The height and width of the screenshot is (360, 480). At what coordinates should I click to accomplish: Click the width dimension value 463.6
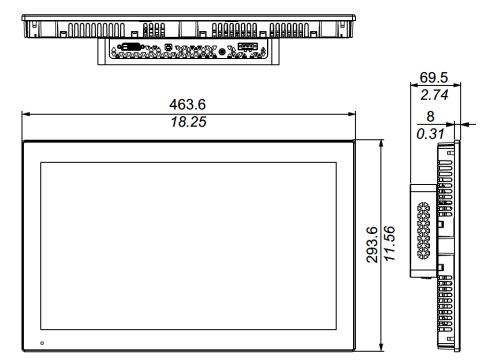(187, 104)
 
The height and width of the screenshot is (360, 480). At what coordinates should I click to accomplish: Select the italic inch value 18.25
(188, 122)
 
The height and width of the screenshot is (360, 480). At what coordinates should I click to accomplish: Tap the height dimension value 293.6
(372, 245)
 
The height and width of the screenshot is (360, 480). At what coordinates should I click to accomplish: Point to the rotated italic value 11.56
(389, 243)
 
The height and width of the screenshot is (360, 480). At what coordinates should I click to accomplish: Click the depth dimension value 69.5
(434, 77)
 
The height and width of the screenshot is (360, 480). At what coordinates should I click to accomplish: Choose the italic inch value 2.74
(434, 95)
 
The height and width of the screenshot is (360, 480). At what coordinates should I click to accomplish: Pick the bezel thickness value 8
(430, 116)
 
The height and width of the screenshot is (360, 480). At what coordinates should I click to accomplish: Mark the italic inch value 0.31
(430, 134)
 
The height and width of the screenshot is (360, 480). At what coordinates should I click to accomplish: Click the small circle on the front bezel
(42, 343)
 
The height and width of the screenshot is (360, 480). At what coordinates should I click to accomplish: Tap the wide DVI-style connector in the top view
(130, 47)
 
